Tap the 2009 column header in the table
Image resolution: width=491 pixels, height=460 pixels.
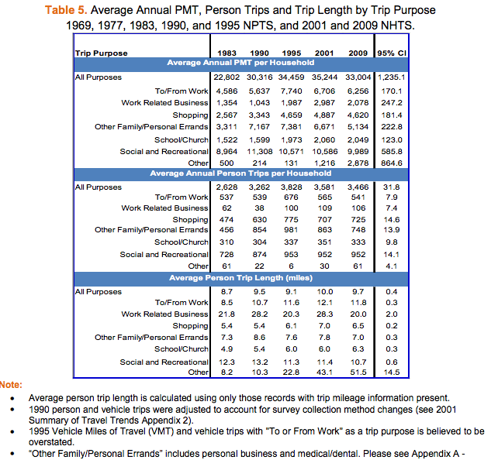coord(358,52)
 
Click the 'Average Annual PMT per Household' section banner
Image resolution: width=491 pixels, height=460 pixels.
coord(241,62)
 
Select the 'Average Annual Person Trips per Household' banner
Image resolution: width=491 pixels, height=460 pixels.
coord(241,173)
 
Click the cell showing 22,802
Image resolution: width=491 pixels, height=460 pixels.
coord(227,77)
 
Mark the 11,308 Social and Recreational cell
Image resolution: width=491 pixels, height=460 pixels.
coord(261,152)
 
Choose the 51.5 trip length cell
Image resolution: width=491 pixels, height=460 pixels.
coord(358,372)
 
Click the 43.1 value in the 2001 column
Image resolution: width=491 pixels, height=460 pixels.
coord(326,372)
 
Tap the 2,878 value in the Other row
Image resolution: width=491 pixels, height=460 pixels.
coord(358,163)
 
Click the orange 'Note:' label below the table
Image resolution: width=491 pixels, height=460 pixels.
coord(11,384)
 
